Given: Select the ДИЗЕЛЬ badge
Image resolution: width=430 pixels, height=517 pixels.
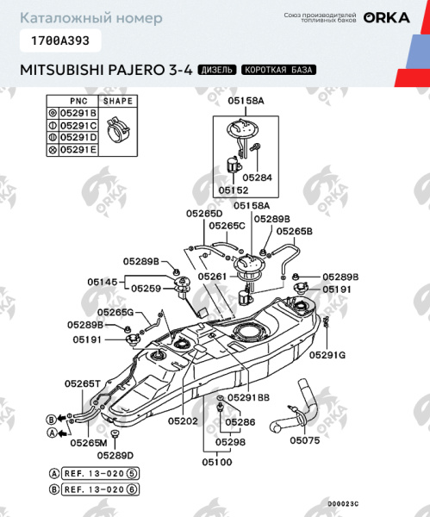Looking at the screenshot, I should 216,69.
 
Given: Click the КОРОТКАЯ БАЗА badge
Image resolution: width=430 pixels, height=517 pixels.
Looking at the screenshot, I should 277,69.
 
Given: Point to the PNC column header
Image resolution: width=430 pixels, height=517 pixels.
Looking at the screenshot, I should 78,102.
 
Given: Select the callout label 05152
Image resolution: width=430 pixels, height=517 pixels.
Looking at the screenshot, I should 233,190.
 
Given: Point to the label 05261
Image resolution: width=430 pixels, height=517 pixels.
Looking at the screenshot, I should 212,277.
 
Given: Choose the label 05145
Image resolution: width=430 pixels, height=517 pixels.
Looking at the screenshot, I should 103,281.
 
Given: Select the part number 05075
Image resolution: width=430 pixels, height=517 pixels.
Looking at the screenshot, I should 303,439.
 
